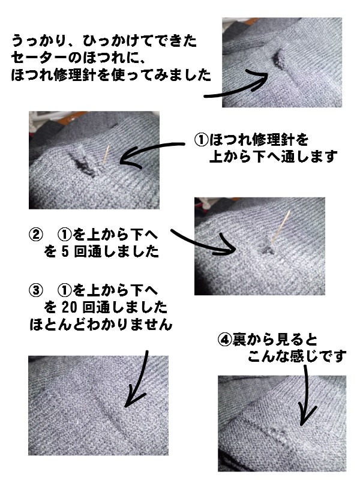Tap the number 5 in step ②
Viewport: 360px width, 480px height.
tap(65, 251)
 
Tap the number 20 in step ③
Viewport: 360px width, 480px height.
tap(69, 307)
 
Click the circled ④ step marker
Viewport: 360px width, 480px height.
tap(224, 339)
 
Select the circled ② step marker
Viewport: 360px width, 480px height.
tap(36, 235)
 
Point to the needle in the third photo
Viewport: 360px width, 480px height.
tap(281, 227)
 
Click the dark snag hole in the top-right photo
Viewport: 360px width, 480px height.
tap(278, 58)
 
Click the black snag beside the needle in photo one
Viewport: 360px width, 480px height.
tap(82, 164)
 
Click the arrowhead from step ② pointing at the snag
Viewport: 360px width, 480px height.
tap(227, 245)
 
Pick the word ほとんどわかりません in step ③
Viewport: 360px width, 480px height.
tap(101, 325)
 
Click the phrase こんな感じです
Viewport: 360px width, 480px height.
tap(297, 356)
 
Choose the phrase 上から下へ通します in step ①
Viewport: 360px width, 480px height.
tap(273, 157)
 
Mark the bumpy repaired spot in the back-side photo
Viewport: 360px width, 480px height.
tap(278, 434)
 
